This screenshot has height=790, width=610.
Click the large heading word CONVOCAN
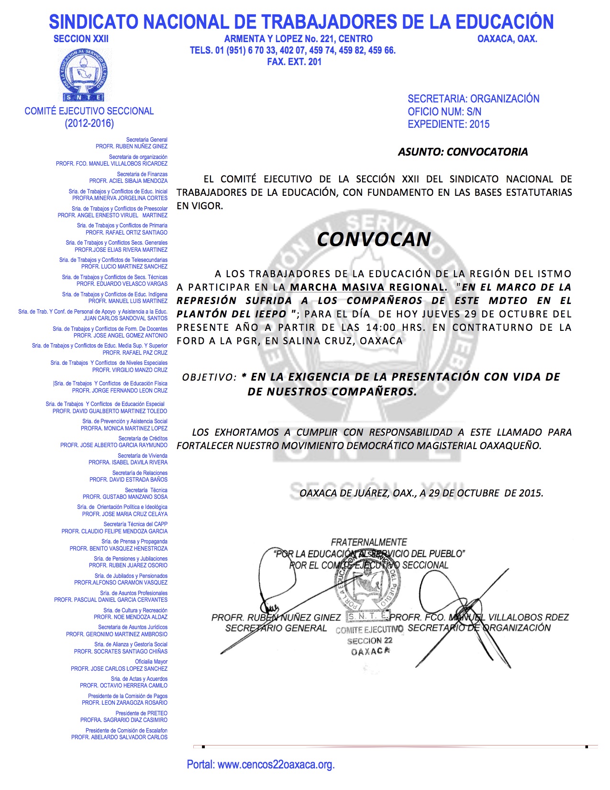click(374, 239)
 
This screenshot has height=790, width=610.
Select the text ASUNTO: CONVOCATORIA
click(463, 152)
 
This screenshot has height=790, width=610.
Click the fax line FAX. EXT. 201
click(294, 62)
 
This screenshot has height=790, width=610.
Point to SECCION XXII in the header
click(81, 39)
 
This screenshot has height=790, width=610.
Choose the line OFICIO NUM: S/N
click(444, 112)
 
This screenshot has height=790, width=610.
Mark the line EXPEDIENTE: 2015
click(448, 124)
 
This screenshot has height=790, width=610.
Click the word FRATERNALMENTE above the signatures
click(369, 542)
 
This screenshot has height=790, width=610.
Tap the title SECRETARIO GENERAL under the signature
click(276, 628)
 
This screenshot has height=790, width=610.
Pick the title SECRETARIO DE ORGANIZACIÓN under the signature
click(479, 628)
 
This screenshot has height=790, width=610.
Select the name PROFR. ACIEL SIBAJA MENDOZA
click(128, 181)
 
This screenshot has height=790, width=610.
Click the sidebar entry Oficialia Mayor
click(151, 662)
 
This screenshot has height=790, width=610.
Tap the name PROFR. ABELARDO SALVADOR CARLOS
click(119, 737)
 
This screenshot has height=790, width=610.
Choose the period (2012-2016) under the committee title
click(89, 124)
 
